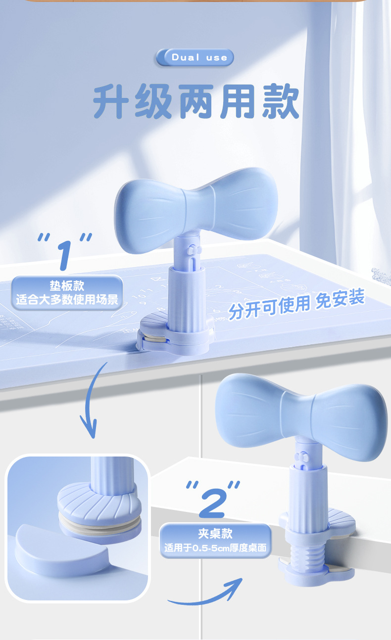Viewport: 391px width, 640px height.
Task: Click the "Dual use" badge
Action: pyautogui.click(x=195, y=57)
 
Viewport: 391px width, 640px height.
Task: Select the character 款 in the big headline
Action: pyautogui.click(x=281, y=101)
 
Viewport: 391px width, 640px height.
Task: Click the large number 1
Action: pyautogui.click(x=65, y=255)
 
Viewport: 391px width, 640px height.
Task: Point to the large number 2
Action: pyautogui.click(x=213, y=503)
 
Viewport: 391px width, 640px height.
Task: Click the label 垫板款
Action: pyautogui.click(x=67, y=285)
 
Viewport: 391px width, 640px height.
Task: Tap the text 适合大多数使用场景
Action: pyautogui.click(x=67, y=300)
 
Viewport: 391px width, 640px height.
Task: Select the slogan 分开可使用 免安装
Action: pyautogui.click(x=296, y=303)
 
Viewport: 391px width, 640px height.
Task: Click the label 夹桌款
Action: pyautogui.click(x=215, y=534)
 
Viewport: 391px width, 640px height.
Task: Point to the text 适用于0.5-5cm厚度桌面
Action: pyautogui.click(x=215, y=548)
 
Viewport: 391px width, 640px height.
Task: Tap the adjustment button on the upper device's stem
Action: pyautogui.click(x=192, y=249)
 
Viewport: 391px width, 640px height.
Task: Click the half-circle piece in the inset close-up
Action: pyautogui.click(x=61, y=550)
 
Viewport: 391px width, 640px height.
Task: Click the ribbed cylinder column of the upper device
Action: pyautogui.click(x=187, y=299)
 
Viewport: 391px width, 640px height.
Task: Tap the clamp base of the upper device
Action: pyautogui.click(x=176, y=334)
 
